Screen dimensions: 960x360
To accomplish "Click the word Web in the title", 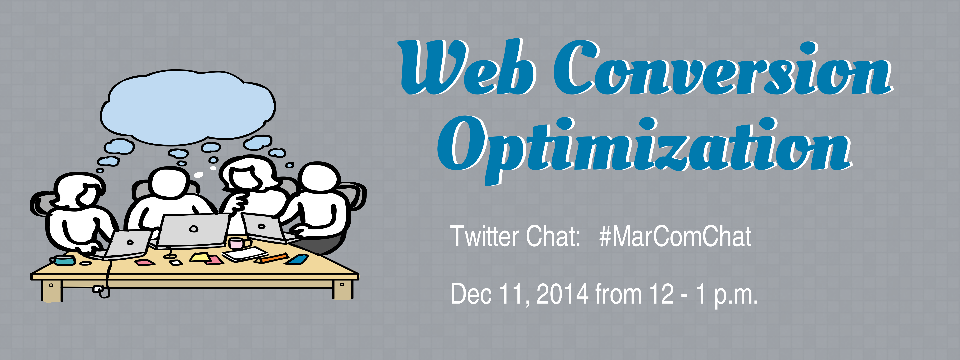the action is [468, 67].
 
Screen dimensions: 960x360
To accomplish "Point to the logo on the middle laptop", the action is [193, 228].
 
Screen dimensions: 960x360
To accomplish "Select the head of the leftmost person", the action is [79, 190].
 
